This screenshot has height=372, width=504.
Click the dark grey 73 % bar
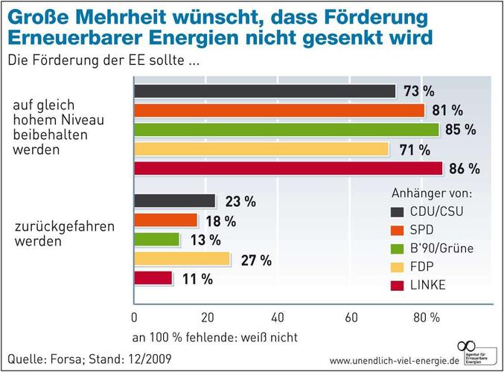click(264, 92)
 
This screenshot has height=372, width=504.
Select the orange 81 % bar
click(279, 110)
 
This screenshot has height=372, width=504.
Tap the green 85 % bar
click(287, 129)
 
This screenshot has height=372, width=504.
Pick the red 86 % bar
click(288, 168)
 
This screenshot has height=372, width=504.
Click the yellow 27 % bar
click(182, 259)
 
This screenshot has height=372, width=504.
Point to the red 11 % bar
click(153, 278)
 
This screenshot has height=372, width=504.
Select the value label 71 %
click(415, 150)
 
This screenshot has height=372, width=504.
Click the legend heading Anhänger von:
click(432, 193)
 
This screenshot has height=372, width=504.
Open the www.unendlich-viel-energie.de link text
click(392, 360)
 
